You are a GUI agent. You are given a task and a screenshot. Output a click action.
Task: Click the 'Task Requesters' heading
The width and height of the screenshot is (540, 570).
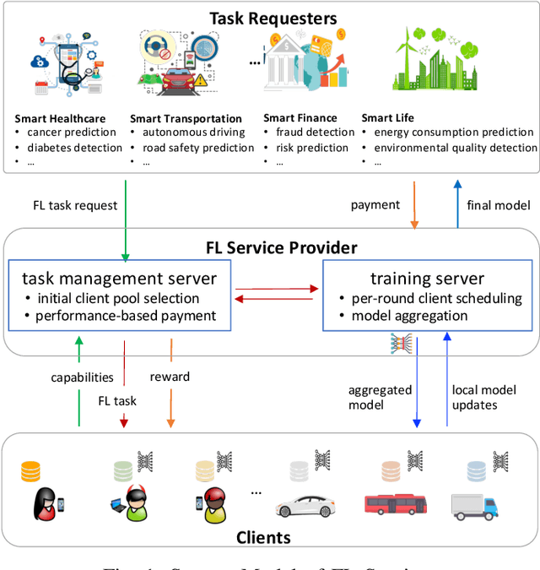[x=273, y=17]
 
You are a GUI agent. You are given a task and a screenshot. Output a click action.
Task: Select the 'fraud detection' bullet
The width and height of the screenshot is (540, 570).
[x=315, y=133]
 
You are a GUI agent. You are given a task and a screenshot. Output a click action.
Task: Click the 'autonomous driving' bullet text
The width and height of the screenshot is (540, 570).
[x=193, y=133]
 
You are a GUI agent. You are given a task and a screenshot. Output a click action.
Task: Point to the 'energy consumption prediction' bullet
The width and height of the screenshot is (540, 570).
[x=453, y=133]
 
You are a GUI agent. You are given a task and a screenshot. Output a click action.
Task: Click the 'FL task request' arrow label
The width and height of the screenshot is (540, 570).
[x=75, y=205]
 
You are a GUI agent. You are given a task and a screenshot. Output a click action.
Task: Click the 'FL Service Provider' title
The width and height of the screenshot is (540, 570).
[x=282, y=247]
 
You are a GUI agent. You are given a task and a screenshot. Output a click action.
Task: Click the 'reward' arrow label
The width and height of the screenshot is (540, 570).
[x=169, y=377]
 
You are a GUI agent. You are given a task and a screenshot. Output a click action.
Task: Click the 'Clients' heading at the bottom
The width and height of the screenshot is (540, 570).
[x=262, y=537]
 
